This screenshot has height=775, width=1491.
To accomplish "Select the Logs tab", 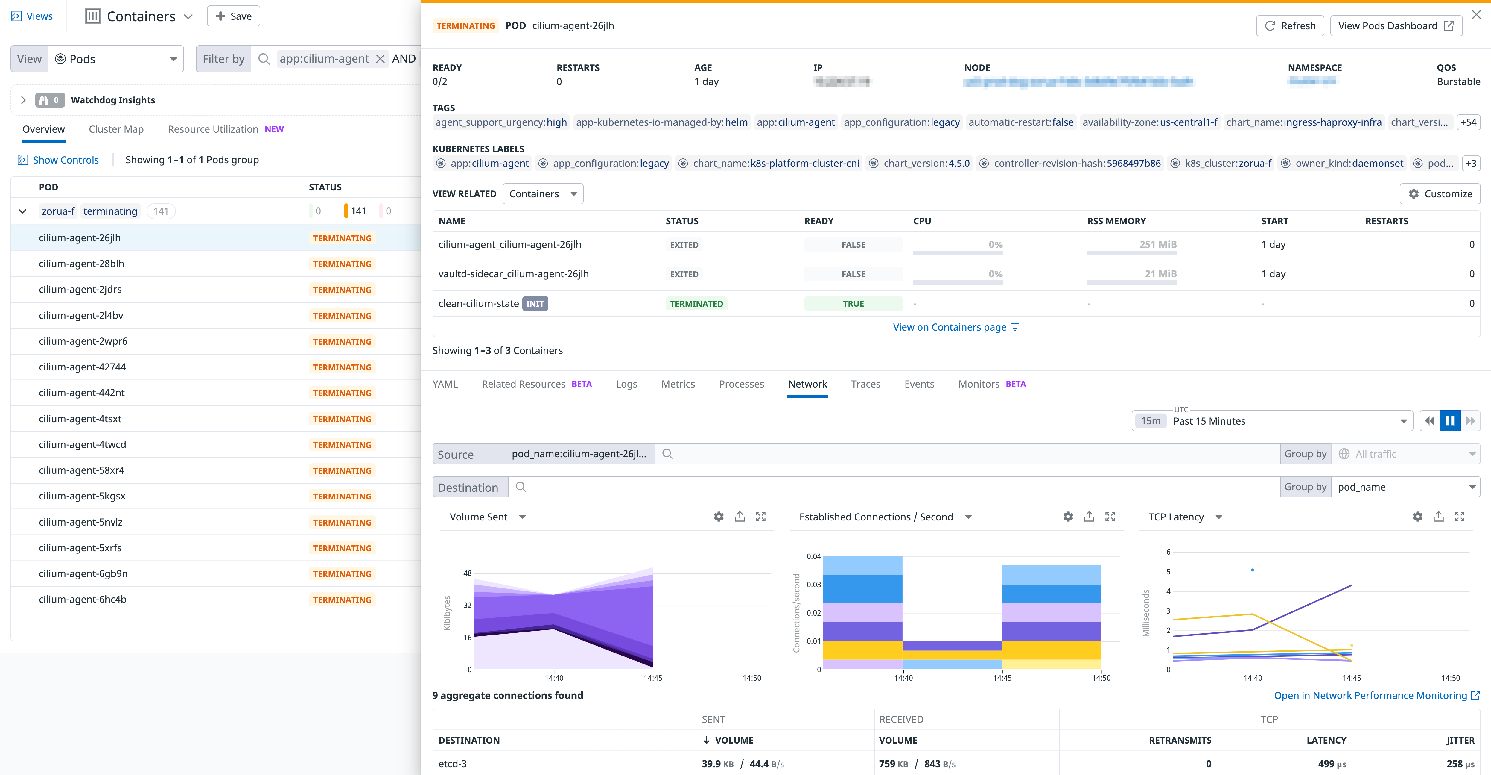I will (x=626, y=384).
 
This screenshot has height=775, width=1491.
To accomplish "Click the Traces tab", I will (x=865, y=384).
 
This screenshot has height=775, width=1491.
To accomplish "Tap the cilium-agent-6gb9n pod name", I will (x=83, y=573).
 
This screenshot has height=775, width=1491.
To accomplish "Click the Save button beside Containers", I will (x=233, y=16).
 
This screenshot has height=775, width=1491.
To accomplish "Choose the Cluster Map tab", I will (x=116, y=129).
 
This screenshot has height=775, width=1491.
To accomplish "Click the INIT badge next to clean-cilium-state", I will (x=535, y=304).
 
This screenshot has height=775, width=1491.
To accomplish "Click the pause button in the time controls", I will (x=1450, y=421).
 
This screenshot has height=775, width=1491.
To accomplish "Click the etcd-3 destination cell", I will (x=453, y=763).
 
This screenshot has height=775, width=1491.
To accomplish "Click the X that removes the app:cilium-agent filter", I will (x=380, y=59).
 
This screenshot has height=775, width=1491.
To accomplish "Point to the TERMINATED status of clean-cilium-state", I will (x=696, y=304).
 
